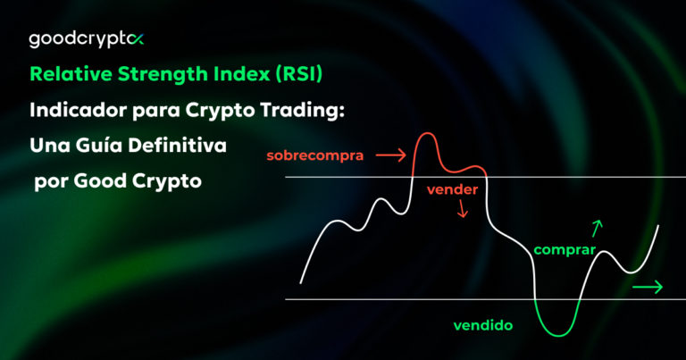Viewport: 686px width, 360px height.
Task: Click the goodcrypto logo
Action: (x=87, y=39)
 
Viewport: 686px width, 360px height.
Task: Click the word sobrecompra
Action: (x=314, y=155)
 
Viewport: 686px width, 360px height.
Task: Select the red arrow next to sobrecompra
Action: (x=390, y=155)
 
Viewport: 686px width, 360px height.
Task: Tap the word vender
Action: (x=452, y=189)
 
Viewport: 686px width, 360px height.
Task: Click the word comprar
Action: (x=564, y=250)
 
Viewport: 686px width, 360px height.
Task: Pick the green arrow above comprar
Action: (x=598, y=228)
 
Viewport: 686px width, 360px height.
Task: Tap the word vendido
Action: (x=483, y=326)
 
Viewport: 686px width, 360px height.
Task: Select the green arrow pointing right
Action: (x=647, y=287)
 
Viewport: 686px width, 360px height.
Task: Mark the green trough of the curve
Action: (x=557, y=332)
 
